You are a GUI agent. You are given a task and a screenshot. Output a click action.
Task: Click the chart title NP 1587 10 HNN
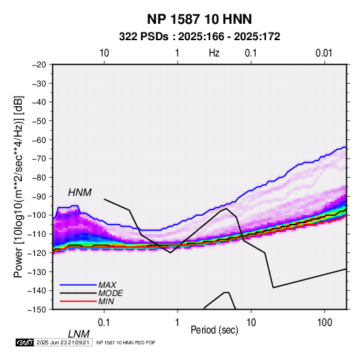pyautogui.click(x=199, y=19)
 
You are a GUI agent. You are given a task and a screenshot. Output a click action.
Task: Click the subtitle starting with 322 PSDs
pyautogui.click(x=199, y=37)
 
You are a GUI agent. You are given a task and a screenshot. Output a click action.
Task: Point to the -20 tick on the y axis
pyautogui.click(x=39, y=65)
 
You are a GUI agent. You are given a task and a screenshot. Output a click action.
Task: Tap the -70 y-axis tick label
pyautogui.click(x=39, y=159)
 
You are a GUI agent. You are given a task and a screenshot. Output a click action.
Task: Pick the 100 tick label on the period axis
pyautogui.click(x=325, y=322)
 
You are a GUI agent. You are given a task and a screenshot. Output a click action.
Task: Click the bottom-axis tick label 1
pyautogui.click(x=178, y=322)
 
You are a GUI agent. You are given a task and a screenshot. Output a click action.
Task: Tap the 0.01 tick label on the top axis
pyautogui.click(x=324, y=53)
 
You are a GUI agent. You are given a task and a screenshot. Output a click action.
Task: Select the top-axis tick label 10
pyautogui.click(x=104, y=53)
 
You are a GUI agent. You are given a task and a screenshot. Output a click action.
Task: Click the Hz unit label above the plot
pyautogui.click(x=214, y=53)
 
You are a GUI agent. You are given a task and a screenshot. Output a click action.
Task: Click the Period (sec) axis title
pyautogui.click(x=214, y=330)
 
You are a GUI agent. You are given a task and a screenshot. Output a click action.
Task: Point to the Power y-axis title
pyautogui.click(x=18, y=187)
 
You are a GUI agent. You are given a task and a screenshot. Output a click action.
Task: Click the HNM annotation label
pyautogui.click(x=80, y=193)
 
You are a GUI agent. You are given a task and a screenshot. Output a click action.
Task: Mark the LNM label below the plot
pyautogui.click(x=78, y=334)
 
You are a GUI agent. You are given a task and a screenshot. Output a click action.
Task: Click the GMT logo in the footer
pyautogui.click(x=25, y=342)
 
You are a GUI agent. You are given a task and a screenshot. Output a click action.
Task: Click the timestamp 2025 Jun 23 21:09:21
pyautogui.click(x=63, y=342)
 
